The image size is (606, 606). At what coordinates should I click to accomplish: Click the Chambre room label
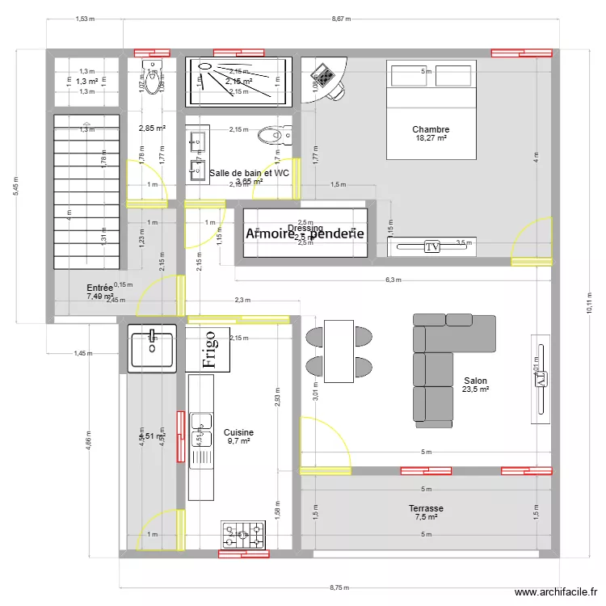point(430,129)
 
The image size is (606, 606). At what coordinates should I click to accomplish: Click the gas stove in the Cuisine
point(244,534)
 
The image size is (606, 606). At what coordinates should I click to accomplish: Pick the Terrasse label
point(426,508)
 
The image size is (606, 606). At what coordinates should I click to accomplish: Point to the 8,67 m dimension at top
point(340,18)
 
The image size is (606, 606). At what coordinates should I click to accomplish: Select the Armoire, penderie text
point(305,234)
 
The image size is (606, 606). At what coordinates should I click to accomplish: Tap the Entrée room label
point(100,288)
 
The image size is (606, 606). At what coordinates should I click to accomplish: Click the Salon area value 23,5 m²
point(476,389)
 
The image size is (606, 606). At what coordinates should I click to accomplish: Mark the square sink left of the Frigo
point(152,348)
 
